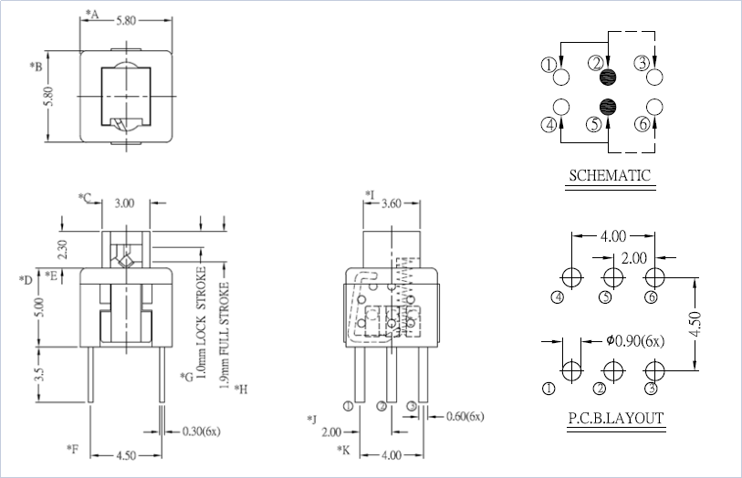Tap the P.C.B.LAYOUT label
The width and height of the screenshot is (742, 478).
click(x=615, y=420)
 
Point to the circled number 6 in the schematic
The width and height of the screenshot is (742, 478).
click(x=642, y=125)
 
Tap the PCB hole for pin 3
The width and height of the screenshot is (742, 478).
click(x=653, y=370)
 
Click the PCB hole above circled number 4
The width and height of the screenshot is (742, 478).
click(x=571, y=276)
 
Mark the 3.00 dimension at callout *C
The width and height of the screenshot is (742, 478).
click(x=125, y=203)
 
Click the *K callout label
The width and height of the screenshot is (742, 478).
click(x=343, y=450)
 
